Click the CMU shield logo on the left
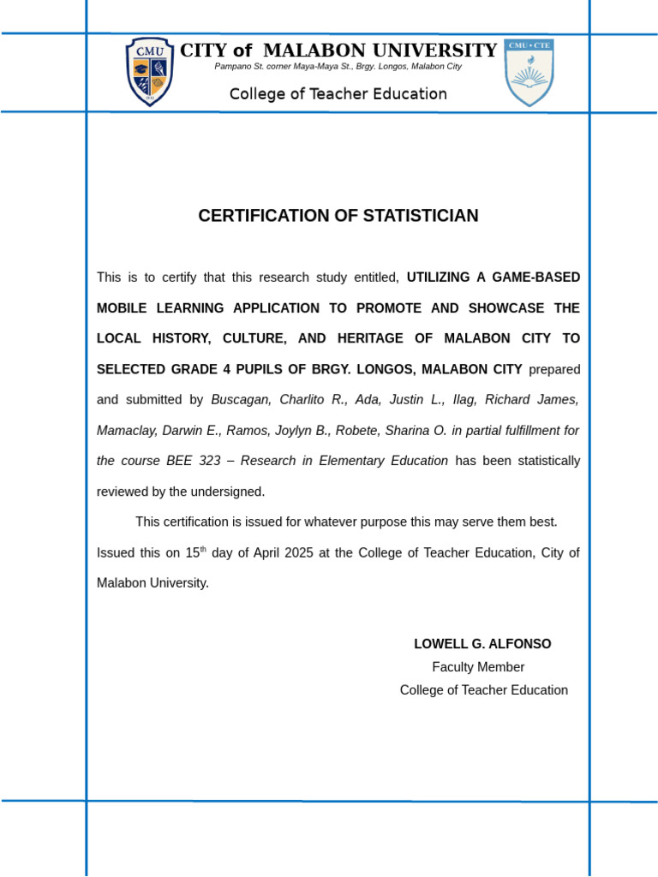pyautogui.click(x=151, y=72)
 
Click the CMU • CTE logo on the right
pyautogui.click(x=529, y=73)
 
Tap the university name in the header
pyautogui.click(x=338, y=51)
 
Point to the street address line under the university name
pyautogui.click(x=338, y=67)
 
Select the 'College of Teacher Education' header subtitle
pyautogui.click(x=338, y=94)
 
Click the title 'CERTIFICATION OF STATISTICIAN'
pyautogui.click(x=338, y=216)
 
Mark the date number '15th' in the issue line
pyautogui.click(x=196, y=552)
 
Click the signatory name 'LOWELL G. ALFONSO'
pyautogui.click(x=482, y=644)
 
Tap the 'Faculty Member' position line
pyautogui.click(x=478, y=667)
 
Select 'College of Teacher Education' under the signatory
pyautogui.click(x=483, y=690)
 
